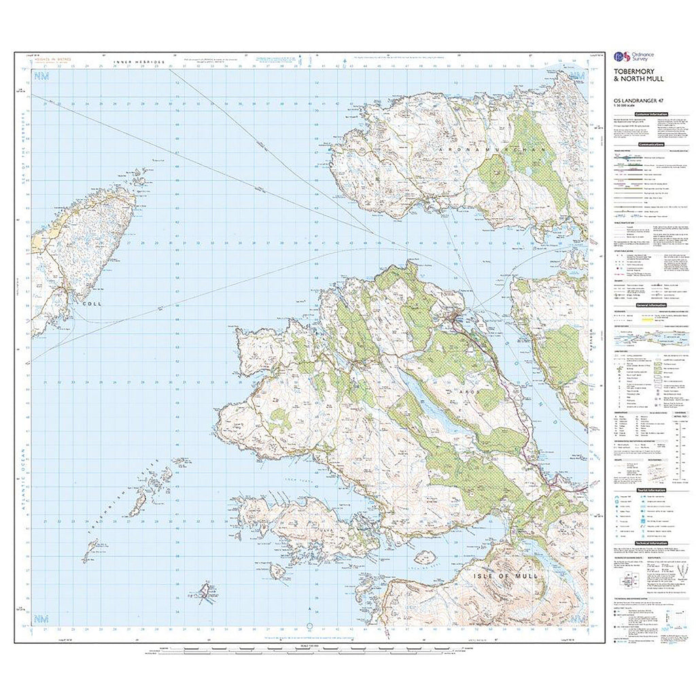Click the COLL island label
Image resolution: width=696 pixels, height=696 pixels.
pyautogui.click(x=90, y=304)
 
